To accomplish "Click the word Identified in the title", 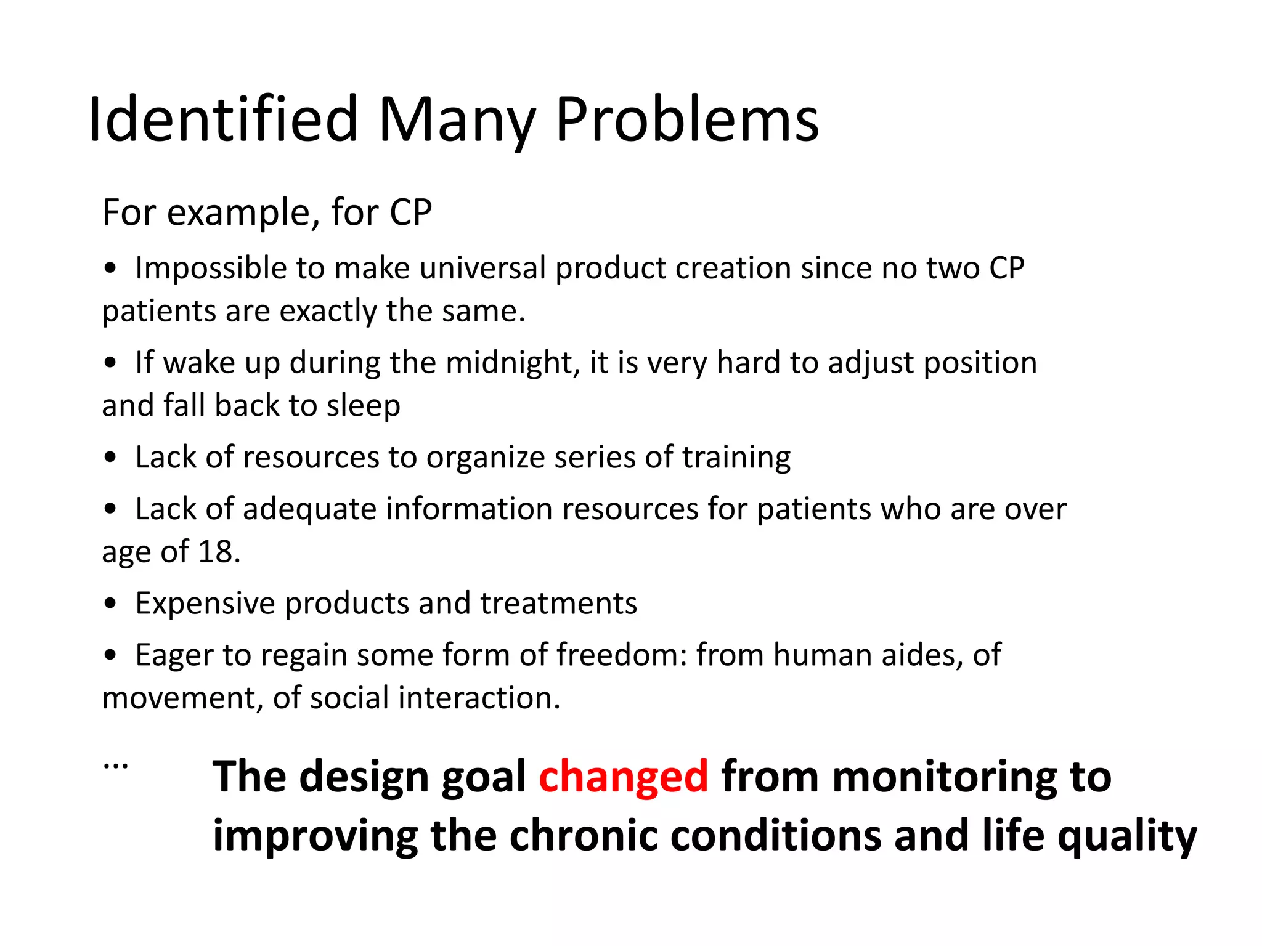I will pos(223,119).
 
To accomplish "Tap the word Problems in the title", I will pos(687,119).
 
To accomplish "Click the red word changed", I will pos(624,777).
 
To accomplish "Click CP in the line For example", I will pos(410,213).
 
